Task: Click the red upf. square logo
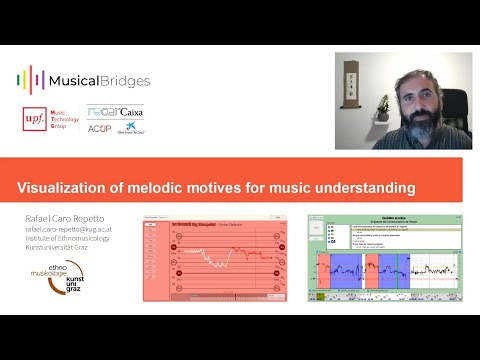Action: coord(33,119)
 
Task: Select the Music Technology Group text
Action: coord(65,119)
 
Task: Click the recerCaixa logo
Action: coord(115,112)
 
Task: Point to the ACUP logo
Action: coord(99,128)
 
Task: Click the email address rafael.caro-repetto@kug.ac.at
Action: coord(73,228)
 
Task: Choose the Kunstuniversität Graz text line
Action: coord(60,248)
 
